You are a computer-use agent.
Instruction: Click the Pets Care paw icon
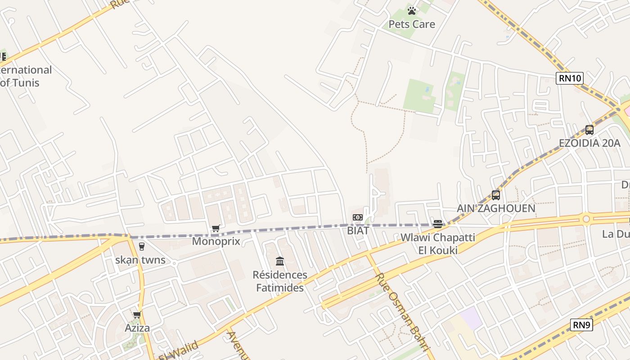[412, 10]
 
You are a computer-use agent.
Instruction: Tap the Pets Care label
[412, 24]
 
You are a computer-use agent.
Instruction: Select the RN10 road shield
[570, 78]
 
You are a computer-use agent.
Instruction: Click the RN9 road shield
[581, 325]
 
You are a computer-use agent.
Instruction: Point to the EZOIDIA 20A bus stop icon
[589, 130]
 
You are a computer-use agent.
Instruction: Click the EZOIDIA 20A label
[589, 143]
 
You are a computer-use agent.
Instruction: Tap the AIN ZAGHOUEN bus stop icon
[496, 195]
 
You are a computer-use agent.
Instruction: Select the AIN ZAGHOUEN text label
[496, 208]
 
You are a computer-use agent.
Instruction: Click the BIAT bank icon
[358, 218]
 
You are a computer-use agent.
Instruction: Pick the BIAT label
[358, 231]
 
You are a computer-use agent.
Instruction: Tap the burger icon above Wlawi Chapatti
[437, 224]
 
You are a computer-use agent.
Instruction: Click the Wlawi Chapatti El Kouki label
[437, 243]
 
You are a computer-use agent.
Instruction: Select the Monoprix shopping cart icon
[216, 229]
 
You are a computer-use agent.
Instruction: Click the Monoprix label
[216, 241]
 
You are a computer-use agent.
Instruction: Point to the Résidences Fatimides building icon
[280, 261]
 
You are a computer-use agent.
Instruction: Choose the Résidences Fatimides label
[280, 281]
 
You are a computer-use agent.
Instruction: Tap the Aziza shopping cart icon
[137, 315]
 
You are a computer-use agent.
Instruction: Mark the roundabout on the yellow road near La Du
[586, 219]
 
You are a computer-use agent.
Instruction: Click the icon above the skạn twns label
[141, 247]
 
